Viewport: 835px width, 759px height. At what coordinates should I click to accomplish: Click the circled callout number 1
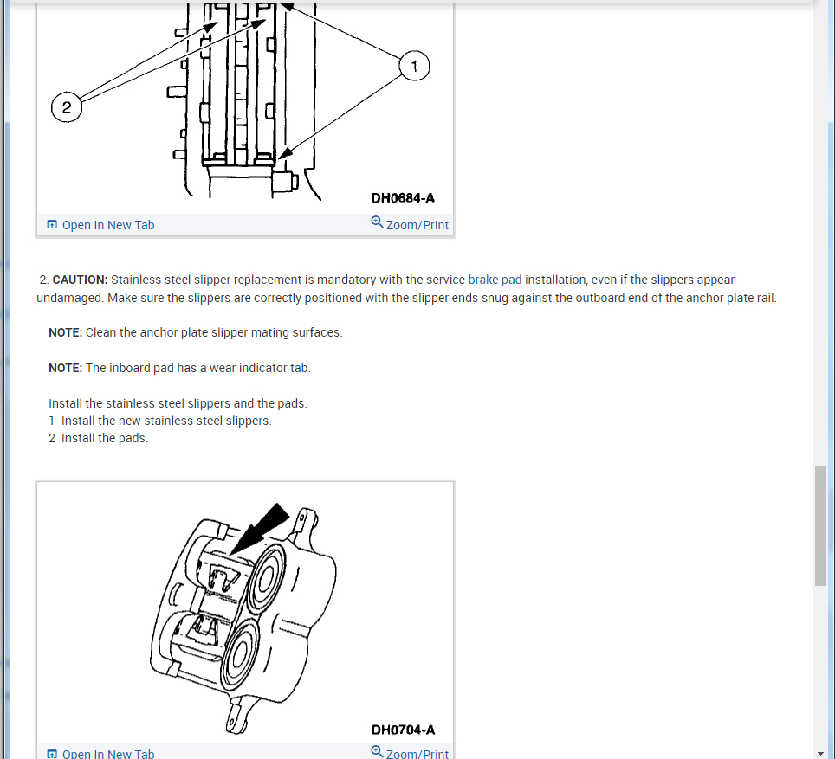(x=415, y=67)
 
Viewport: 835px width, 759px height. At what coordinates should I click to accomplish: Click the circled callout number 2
(x=66, y=108)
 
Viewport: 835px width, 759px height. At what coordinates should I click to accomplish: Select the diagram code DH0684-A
(x=403, y=198)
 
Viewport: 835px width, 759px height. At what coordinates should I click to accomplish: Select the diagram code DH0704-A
(x=403, y=730)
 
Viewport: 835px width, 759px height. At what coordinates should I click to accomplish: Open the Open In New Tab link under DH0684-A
(x=108, y=225)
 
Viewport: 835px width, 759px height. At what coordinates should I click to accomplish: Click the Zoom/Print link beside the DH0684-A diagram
(x=417, y=225)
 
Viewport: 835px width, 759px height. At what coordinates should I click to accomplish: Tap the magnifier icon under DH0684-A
(x=377, y=222)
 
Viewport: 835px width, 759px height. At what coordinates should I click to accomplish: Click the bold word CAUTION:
(x=80, y=280)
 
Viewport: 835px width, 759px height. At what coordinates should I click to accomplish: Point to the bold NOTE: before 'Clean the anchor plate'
(x=65, y=332)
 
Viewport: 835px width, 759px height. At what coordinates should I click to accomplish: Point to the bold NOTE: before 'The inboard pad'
(x=65, y=368)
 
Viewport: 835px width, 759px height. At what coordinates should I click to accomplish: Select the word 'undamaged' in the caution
(x=66, y=298)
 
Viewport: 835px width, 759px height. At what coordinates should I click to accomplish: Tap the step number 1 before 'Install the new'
(x=52, y=421)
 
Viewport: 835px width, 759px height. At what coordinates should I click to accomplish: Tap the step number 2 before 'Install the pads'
(x=52, y=438)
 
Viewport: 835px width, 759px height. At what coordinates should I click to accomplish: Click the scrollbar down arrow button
(x=820, y=753)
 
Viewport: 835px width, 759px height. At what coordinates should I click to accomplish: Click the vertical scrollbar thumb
(x=820, y=526)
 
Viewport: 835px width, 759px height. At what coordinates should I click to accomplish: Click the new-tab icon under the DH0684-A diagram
(x=53, y=225)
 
